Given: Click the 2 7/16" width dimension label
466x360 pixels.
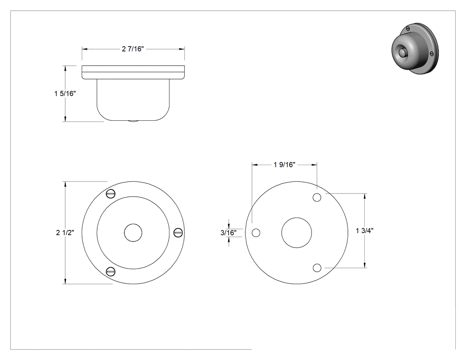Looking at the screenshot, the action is pos(133,49).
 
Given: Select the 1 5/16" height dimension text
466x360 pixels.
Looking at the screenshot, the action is pos(65,93).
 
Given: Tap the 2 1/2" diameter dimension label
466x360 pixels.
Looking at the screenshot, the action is pos(65,233).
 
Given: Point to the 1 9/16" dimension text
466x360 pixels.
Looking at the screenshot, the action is pos(284,164).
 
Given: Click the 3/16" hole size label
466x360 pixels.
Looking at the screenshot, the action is pos(229,233).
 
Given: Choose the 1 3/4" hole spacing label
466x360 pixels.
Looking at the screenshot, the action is pos(365,230).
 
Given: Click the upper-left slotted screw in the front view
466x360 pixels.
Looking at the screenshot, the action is pos(111,194).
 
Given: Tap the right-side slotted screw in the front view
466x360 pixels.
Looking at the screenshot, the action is pos(178,233).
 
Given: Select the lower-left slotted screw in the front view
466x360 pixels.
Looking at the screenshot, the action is pos(111,271).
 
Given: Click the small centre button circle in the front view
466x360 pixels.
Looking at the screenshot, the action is pos(133,233).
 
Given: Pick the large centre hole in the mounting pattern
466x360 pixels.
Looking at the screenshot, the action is pos(296,233).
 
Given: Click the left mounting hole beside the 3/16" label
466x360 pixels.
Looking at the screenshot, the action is pos(256,233).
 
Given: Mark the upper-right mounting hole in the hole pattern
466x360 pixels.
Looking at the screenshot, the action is pos(317,198).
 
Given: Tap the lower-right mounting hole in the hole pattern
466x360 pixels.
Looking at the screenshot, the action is pos(317,268).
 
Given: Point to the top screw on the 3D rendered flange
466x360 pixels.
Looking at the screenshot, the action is pos(408,28).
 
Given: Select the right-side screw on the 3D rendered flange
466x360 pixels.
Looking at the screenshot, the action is pos(432,54).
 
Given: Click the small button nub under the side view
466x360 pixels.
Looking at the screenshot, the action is pos(133,121).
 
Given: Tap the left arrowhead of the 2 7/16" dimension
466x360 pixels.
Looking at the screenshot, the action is pos(85,49).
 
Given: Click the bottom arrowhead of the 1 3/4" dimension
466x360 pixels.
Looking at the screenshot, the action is pos(365,265).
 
